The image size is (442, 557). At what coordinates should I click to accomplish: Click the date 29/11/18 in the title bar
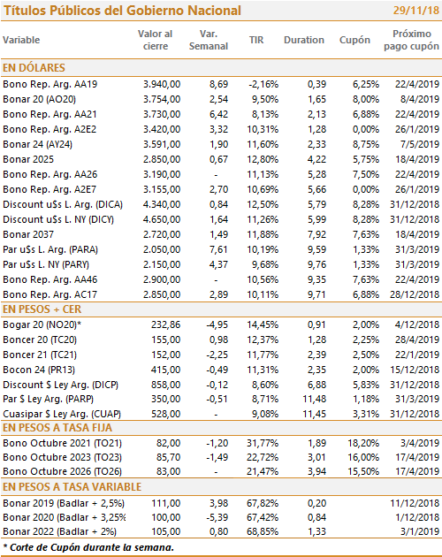coord(416,11)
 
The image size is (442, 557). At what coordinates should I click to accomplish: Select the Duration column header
coord(304,40)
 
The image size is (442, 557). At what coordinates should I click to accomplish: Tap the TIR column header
coord(256,40)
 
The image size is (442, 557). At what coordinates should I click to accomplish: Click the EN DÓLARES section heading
coord(34,67)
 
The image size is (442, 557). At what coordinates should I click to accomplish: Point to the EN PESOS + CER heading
coord(42,309)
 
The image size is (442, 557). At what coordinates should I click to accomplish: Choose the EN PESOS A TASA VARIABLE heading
coord(72,486)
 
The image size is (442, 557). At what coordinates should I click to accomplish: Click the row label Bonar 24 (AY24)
coord(38,144)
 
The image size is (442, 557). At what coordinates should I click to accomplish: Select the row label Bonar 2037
coord(28,234)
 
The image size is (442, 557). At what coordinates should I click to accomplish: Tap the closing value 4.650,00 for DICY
coord(162,219)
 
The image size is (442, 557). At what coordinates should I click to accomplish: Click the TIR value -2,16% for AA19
coord(263,84)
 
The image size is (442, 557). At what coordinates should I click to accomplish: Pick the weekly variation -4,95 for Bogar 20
coord(217,324)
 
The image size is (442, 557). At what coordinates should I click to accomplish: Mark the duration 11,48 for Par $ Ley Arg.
coord(314,400)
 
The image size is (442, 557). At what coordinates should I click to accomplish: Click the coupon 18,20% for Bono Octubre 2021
coord(363,443)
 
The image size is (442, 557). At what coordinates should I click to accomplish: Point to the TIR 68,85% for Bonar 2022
coord(263,531)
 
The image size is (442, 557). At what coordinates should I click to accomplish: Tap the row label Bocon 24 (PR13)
coord(39,370)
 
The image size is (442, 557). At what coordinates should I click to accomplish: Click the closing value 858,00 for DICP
coord(166,385)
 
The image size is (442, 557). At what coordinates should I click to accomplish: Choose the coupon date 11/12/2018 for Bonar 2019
coord(415,503)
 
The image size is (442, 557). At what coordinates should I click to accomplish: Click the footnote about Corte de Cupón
coord(88,547)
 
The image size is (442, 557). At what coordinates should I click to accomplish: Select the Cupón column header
coord(354,40)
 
